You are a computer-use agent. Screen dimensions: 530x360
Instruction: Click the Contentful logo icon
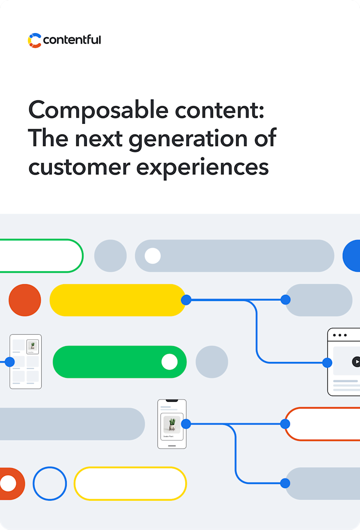(x=35, y=40)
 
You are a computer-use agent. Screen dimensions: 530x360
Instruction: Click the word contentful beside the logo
(x=72, y=40)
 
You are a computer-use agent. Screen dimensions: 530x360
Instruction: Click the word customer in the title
(x=77, y=167)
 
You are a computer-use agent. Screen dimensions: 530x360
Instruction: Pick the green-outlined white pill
(x=41, y=255)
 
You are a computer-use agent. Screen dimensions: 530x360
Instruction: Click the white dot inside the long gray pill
(x=153, y=255)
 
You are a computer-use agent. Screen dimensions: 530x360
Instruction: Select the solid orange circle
(x=25, y=300)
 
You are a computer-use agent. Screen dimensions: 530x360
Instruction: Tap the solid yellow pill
(x=118, y=300)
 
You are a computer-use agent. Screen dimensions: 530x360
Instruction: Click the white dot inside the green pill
(x=169, y=361)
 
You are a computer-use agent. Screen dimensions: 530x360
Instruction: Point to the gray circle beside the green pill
(x=212, y=361)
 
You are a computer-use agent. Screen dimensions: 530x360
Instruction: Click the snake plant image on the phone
(x=172, y=424)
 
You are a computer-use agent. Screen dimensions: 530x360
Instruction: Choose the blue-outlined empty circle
(x=49, y=483)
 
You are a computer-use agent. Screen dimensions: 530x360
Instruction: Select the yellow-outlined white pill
(x=130, y=483)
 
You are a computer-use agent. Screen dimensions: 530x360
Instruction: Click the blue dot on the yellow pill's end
(x=186, y=300)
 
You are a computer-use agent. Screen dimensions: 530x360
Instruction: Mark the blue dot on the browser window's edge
(x=327, y=362)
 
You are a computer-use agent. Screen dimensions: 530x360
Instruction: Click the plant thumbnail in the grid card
(x=33, y=346)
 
